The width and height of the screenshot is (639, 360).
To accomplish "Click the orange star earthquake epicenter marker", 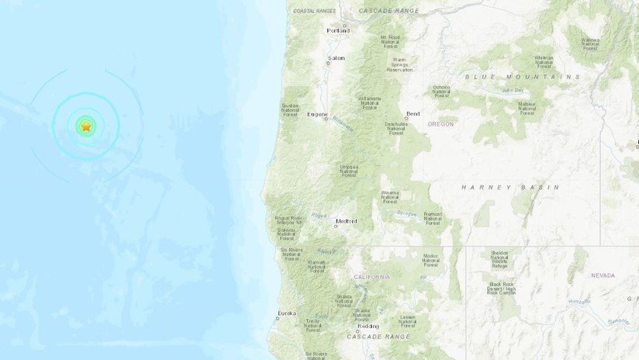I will pos(85,125).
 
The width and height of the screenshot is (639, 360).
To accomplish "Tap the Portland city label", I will pos(338,31).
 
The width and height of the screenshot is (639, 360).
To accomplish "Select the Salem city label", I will pos(336,58).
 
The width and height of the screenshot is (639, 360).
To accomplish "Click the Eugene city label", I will pos(317,114).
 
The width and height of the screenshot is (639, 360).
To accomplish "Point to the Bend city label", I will pos(413,113).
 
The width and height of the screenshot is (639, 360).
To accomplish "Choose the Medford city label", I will pos(346,221).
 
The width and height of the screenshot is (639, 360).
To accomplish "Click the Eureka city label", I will pos(286,313).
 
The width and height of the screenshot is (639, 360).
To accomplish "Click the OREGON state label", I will pos(440,123).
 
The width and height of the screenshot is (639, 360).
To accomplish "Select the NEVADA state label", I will pos(603,275).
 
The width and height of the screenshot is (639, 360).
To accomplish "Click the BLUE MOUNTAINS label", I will pos(523,77).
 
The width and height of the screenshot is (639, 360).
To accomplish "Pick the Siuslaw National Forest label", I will pos(290,110).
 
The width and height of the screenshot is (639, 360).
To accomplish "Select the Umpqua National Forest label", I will pos(349,171).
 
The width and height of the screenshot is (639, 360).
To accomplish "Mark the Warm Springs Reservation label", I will pos(399,64).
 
